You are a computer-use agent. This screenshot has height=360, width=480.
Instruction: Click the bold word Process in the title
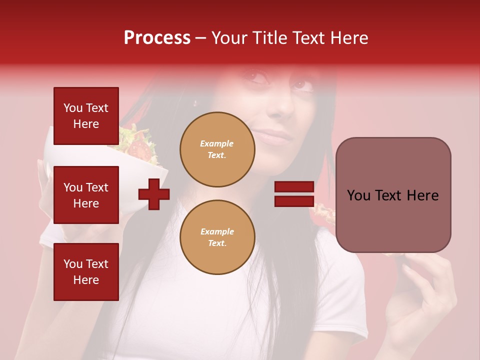click(157, 38)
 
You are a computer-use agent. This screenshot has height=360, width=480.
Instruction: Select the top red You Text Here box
click(86, 116)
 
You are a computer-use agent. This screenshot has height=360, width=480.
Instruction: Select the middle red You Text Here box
click(86, 195)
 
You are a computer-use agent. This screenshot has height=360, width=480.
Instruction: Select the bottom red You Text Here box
click(86, 271)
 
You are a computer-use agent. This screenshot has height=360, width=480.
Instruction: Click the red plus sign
click(154, 194)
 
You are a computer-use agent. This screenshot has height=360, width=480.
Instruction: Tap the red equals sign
click(294, 194)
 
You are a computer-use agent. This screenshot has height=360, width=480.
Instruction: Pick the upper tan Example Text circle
click(217, 149)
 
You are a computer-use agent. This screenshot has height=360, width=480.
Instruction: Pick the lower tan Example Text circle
click(217, 237)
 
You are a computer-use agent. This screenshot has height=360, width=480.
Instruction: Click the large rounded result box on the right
click(393, 195)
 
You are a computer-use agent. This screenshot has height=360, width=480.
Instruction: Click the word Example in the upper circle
click(216, 143)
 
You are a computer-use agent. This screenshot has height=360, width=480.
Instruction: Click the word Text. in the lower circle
click(217, 243)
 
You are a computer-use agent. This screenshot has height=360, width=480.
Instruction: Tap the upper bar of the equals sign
click(294, 187)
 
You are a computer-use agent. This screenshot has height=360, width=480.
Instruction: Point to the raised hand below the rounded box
click(425, 300)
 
